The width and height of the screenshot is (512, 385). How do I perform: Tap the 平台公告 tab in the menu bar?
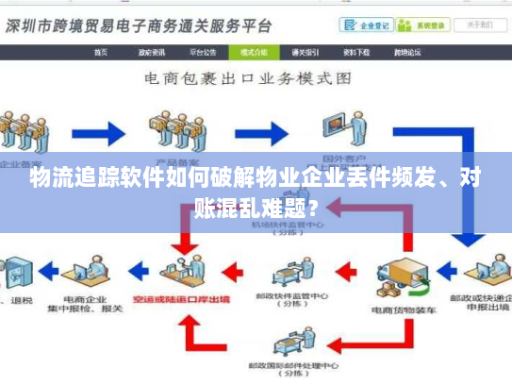[x=202, y=53]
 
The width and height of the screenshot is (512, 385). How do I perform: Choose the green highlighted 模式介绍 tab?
[x=254, y=53]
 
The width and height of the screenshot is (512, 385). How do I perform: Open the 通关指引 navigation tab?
[x=305, y=53]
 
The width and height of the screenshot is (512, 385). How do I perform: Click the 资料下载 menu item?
[x=355, y=53]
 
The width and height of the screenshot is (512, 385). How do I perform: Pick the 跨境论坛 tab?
[x=406, y=53]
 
